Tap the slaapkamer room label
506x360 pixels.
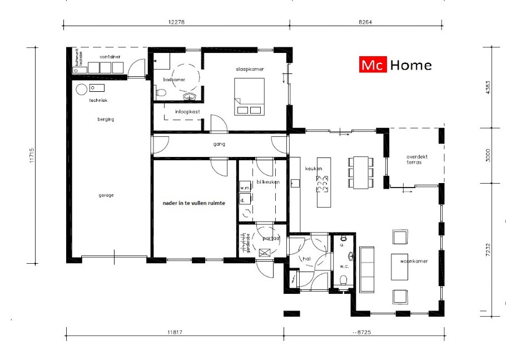pos(249,69)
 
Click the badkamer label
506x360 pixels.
pos(173,80)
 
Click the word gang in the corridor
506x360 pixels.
pos(219,144)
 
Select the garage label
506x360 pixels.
pos(106,195)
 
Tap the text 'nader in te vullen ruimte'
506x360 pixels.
pos(194,204)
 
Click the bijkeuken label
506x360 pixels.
pos(267,182)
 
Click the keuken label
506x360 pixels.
pos(314,169)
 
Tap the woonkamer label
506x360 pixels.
pos(414,261)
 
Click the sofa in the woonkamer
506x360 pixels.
pos(368,269)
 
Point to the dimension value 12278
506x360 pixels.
pos(177,22)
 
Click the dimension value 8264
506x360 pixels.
pos(365,22)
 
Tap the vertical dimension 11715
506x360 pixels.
pos(33,154)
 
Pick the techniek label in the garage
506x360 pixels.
pos(98,100)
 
